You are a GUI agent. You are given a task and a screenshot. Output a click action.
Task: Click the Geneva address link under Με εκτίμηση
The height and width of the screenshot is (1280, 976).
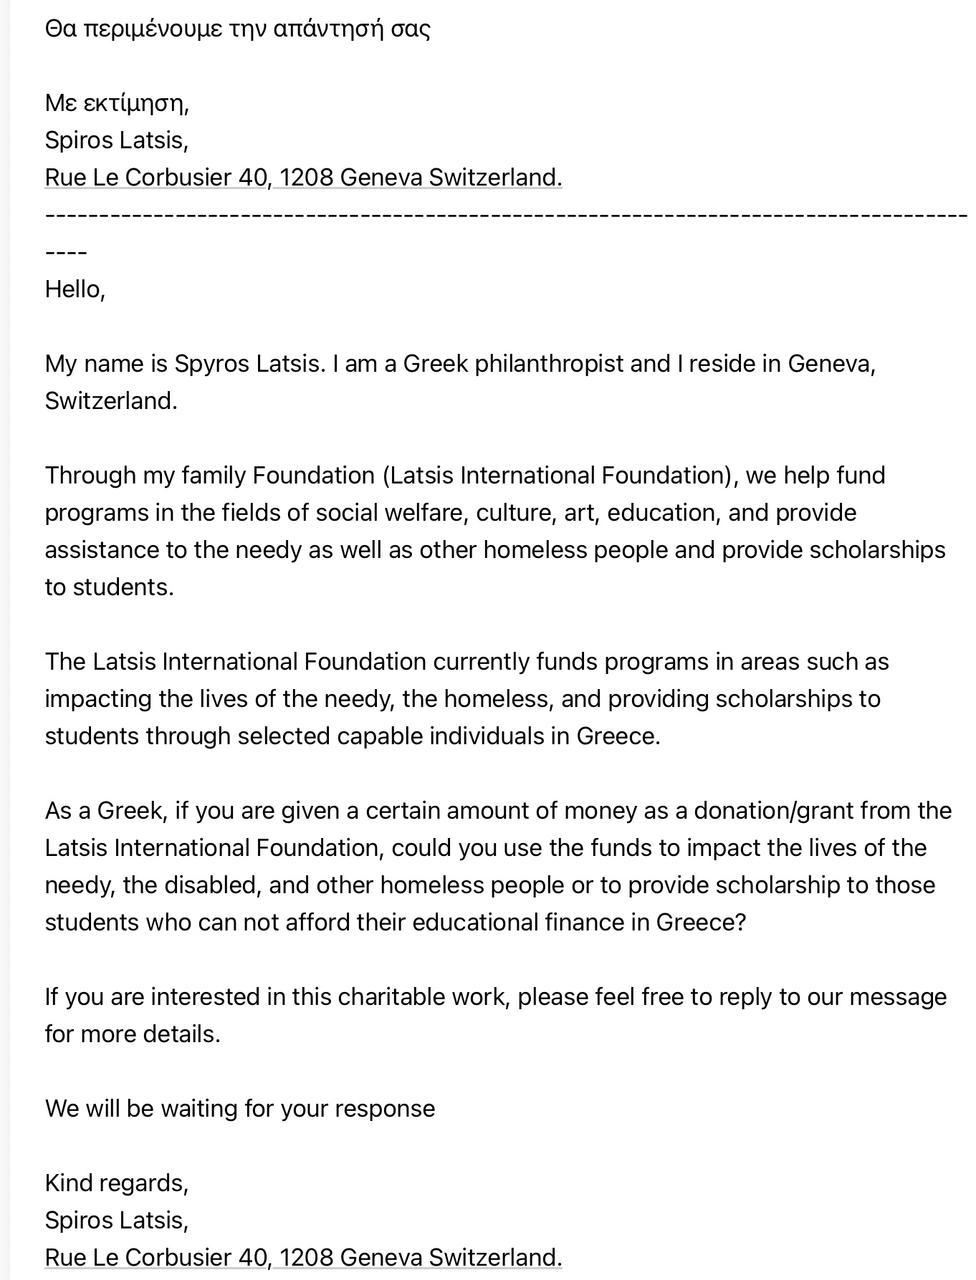(x=303, y=178)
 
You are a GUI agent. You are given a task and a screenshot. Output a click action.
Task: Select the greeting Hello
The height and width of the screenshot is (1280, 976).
(x=75, y=289)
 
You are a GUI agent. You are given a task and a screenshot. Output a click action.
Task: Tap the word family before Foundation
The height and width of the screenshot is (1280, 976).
(x=214, y=476)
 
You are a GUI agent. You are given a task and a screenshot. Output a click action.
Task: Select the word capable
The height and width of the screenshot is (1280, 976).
(x=380, y=736)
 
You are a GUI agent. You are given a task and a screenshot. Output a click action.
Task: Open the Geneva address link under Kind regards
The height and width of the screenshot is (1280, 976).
(x=303, y=1258)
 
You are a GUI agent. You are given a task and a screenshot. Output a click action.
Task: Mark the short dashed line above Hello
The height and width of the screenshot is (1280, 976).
(x=66, y=253)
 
